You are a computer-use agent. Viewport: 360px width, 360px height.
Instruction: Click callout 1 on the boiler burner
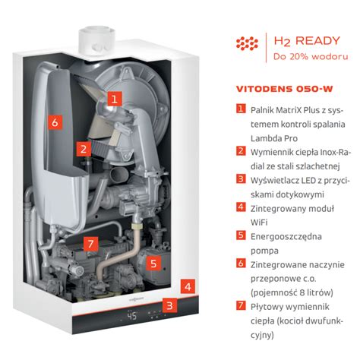(113, 98)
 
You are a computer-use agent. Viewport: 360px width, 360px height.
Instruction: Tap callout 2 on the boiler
(84, 150)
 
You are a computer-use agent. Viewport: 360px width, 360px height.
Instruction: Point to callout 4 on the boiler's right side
(187, 286)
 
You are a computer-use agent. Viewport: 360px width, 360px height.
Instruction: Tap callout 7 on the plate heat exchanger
(90, 244)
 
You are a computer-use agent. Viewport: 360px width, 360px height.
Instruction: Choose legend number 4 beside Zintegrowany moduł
(240, 206)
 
